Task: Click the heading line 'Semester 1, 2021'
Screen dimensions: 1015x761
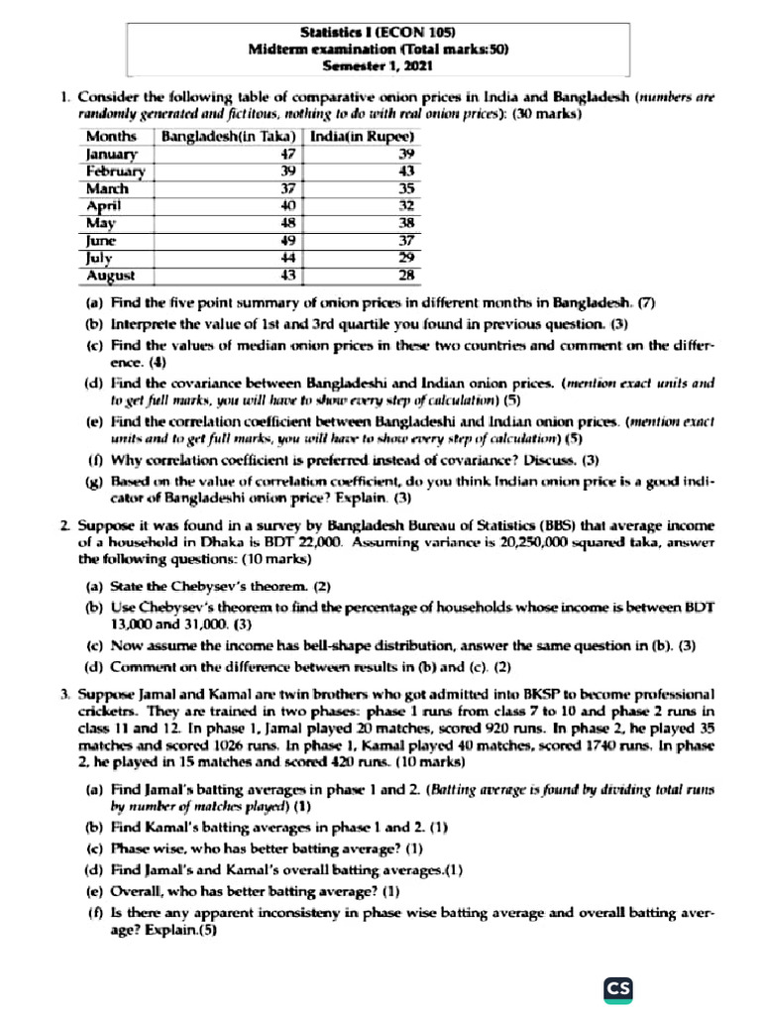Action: click(380, 67)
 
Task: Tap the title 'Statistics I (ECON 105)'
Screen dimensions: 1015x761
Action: click(380, 33)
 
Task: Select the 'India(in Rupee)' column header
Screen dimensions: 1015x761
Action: click(362, 137)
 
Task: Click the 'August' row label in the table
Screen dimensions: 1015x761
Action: click(111, 275)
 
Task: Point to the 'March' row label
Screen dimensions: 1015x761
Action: click(107, 188)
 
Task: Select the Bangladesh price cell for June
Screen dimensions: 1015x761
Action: click(288, 240)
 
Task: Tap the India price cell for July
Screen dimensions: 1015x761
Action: click(404, 258)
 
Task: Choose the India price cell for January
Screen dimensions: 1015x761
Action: click(404, 154)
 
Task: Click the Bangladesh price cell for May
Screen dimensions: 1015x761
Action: click(288, 223)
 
